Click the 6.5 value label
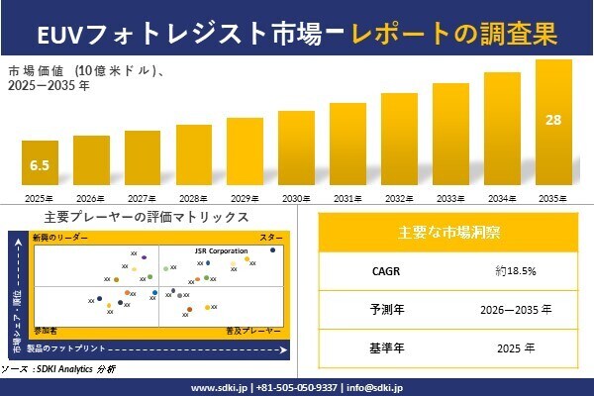(40, 164)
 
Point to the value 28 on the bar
(553, 120)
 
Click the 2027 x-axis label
(143, 198)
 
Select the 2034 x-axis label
(502, 198)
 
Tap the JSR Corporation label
(221, 251)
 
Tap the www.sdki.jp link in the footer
(219, 387)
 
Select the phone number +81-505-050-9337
(296, 387)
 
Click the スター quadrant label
(271, 239)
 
